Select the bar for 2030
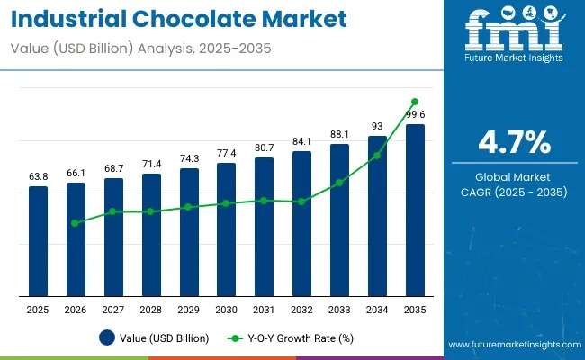227,229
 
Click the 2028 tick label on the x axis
151,310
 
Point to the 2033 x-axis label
339,310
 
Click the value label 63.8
38,177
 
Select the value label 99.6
415,115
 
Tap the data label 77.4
227,154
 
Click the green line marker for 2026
76,222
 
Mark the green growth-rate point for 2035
415,102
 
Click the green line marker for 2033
339,183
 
